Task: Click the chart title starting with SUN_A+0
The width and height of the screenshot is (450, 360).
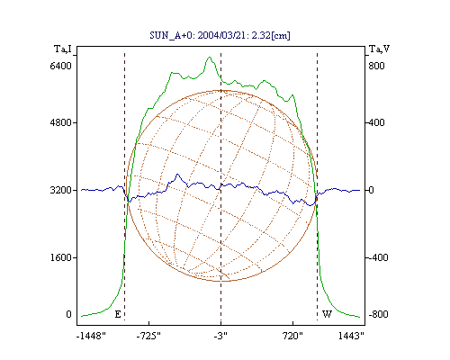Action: (x=220, y=35)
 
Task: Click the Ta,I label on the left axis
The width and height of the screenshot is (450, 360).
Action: (x=63, y=49)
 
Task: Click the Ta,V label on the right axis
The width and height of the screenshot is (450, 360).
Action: (x=379, y=49)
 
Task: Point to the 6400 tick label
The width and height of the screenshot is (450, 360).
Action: (x=61, y=66)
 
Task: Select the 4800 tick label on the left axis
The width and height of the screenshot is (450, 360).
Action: (x=61, y=122)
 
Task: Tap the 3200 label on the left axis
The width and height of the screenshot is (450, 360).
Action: (x=61, y=190)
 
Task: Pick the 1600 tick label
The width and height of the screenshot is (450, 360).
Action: (x=61, y=257)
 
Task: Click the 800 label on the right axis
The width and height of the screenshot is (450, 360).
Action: (x=376, y=66)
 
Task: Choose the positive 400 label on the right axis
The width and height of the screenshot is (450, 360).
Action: (x=376, y=122)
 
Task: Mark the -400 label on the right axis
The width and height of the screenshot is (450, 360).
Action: (x=378, y=257)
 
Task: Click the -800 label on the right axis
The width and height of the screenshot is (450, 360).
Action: (x=378, y=314)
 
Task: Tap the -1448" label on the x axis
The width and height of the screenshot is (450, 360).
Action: (x=91, y=336)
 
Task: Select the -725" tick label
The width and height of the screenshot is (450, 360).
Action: (x=148, y=336)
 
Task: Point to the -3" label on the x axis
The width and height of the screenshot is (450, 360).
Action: (x=220, y=336)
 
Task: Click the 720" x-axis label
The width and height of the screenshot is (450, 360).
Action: (x=292, y=336)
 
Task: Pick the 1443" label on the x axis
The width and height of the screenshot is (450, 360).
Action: (x=351, y=336)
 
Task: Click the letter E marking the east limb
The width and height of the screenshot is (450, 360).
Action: (x=118, y=314)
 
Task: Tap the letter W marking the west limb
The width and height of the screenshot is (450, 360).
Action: (x=327, y=314)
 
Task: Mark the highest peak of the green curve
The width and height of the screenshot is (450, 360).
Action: (x=210, y=57)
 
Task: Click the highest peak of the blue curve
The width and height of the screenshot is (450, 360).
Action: (x=177, y=174)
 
